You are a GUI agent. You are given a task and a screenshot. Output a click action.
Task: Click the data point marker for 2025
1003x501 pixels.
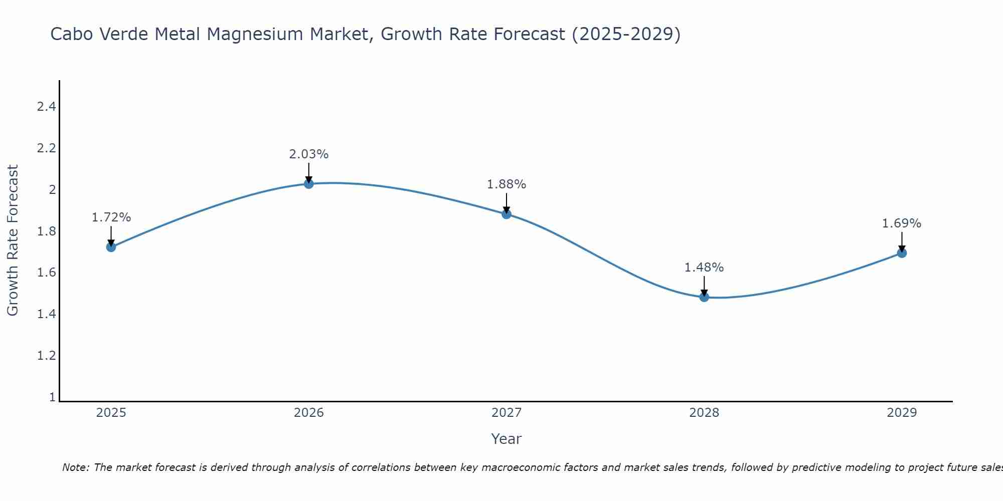(x=111, y=247)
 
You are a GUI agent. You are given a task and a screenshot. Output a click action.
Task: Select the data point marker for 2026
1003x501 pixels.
(x=309, y=184)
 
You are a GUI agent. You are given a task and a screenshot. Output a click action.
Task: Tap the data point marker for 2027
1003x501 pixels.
(x=507, y=214)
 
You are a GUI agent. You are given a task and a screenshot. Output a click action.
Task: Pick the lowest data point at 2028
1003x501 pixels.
(x=704, y=297)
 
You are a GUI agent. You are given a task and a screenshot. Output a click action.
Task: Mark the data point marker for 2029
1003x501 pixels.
(x=902, y=253)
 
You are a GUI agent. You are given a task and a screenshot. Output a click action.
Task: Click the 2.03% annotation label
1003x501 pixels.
(x=309, y=154)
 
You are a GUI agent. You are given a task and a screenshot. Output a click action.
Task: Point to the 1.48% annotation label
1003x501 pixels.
(x=704, y=268)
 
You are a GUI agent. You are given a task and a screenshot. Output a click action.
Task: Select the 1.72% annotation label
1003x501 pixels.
(x=111, y=217)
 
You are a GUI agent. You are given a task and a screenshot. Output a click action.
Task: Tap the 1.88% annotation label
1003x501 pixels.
(x=507, y=184)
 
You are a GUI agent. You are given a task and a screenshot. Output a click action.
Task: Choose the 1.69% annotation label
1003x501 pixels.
(x=902, y=223)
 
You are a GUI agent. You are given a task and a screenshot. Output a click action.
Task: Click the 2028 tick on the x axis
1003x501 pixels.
(x=704, y=413)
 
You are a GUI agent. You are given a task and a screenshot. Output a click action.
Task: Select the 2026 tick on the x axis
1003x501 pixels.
(x=309, y=413)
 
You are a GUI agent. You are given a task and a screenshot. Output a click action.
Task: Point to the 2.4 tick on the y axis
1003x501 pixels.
(x=46, y=107)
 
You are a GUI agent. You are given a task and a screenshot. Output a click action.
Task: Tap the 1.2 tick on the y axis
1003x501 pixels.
(x=46, y=356)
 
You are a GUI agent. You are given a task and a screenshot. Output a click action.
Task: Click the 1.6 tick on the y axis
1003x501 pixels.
(x=46, y=273)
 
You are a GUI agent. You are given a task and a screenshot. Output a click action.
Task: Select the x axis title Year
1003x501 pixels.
(x=507, y=439)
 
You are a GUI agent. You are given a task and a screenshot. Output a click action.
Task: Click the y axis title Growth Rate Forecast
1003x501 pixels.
(x=13, y=240)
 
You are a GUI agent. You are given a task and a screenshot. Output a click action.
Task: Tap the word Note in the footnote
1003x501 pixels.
(x=75, y=467)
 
